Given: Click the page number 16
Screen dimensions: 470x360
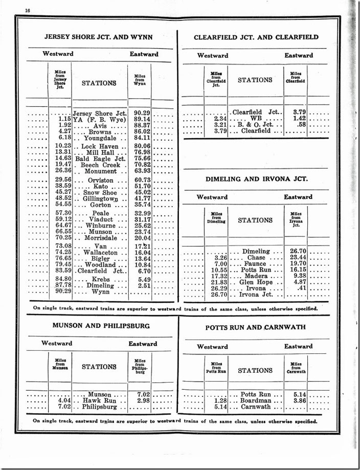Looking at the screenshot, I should [x=28, y=10].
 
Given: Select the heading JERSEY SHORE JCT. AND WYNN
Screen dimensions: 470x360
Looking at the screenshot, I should [x=98, y=36].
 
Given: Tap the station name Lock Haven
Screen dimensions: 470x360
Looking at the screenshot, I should [x=100, y=146].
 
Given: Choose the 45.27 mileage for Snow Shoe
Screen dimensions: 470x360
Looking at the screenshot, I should [x=61, y=192].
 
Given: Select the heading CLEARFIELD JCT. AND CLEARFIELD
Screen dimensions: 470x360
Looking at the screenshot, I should [x=256, y=37].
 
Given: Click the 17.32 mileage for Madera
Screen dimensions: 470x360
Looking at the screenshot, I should [x=218, y=276].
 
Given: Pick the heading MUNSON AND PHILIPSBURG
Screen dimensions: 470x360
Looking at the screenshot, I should [x=101, y=325].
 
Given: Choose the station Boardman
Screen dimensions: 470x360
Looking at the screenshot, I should [x=256, y=401].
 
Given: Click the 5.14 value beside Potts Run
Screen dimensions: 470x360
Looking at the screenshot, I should [x=297, y=395].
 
